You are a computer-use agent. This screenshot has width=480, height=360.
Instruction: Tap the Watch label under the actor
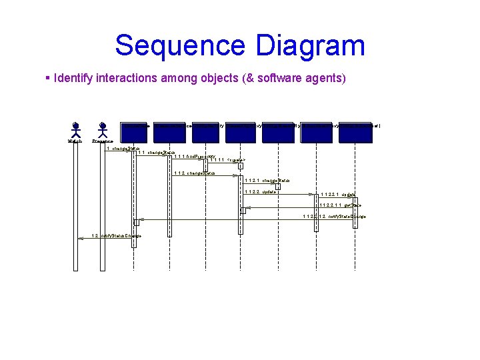[x=75, y=141]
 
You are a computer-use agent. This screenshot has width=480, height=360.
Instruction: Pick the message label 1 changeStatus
[x=121, y=148]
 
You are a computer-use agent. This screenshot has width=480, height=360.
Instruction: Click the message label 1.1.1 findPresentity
[x=195, y=156]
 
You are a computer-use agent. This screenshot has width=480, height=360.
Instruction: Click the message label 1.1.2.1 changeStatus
[x=267, y=180]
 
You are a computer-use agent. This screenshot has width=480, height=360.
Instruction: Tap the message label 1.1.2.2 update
[x=261, y=191]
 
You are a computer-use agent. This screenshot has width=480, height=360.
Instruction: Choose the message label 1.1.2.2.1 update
[x=338, y=195]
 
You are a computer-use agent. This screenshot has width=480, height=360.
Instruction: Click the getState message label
[x=340, y=205]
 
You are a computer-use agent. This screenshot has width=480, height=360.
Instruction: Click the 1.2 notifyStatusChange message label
[x=117, y=235]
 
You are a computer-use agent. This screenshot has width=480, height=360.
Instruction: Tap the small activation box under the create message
[x=241, y=167]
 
